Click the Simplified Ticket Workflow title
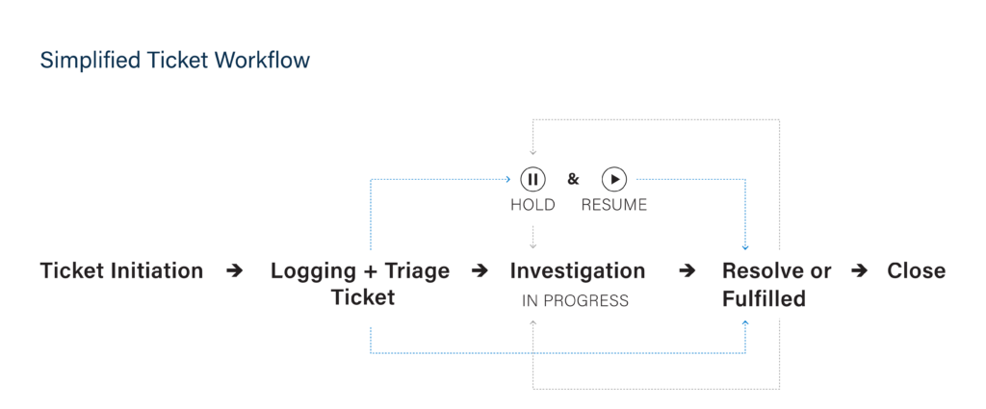tap(175, 61)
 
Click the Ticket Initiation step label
tap(122, 270)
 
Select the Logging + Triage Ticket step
tap(360, 284)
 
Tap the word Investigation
tap(578, 270)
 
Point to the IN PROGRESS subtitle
tap(575, 301)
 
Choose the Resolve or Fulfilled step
tap(777, 284)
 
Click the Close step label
tap(917, 270)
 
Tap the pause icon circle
tap(532, 180)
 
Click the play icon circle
tap(614, 180)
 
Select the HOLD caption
tap(532, 205)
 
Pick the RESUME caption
tap(613, 205)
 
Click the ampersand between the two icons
tap(573, 179)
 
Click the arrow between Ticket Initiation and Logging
tap(235, 270)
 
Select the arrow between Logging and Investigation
tap(480, 270)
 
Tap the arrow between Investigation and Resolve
tap(688, 270)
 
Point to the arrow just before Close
tap(859, 270)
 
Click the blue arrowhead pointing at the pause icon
tap(508, 180)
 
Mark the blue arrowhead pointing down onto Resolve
tap(745, 247)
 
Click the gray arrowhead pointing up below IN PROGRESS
tap(532, 323)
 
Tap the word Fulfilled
tap(764, 298)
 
